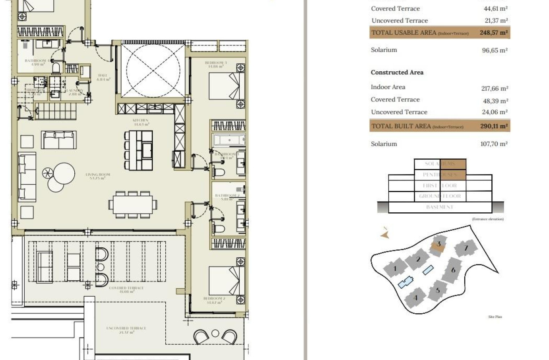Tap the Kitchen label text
click(x=140, y=122)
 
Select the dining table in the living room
click(x=133, y=204)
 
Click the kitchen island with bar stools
click(x=138, y=150)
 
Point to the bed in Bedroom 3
click(x=226, y=86)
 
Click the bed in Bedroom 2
click(x=226, y=280)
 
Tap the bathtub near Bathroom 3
click(x=228, y=140)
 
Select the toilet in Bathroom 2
click(x=219, y=228)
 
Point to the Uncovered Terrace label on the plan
click(x=126, y=330)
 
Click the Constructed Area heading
click(x=397, y=72)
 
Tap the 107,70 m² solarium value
click(x=493, y=144)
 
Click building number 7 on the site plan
click(x=466, y=248)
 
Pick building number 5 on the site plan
click(x=438, y=290)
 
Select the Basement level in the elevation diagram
click(x=440, y=207)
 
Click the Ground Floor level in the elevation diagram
click(x=440, y=196)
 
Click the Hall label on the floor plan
click(x=103, y=77)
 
